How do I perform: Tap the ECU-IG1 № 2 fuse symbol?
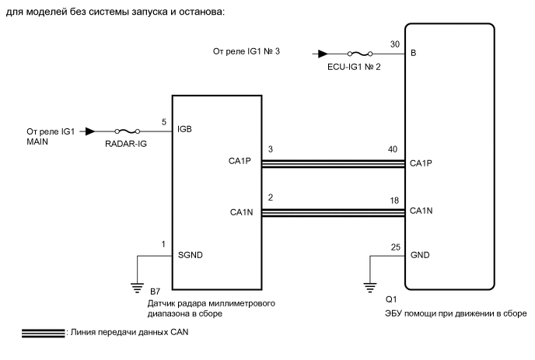359,54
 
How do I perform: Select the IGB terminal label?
185,129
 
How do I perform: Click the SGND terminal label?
190,254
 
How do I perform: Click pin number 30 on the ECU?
396,44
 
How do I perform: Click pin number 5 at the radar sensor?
164,121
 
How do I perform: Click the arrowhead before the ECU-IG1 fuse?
320,54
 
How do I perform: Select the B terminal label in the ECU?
413,54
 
